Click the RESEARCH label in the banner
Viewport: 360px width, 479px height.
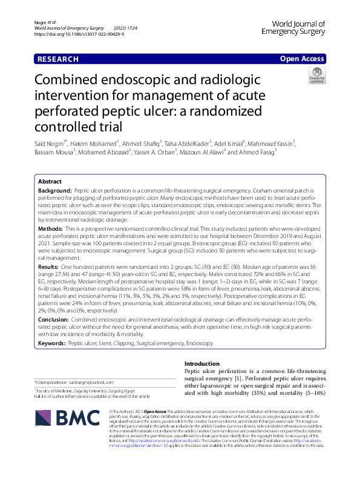tap(58, 59)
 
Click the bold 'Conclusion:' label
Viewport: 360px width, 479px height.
tap(54, 318)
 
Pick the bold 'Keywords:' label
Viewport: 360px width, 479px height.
tap(52, 343)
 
